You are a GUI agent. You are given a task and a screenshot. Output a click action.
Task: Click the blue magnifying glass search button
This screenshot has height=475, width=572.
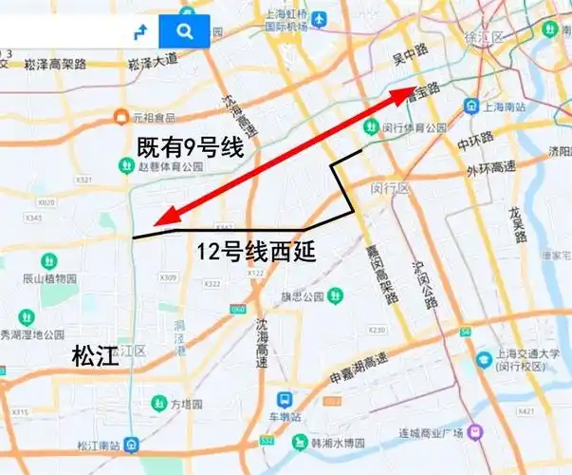[183, 31]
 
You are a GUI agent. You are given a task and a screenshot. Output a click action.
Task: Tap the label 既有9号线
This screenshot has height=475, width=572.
[190, 148]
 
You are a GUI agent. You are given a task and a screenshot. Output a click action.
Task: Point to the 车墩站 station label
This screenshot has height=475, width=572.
[283, 417]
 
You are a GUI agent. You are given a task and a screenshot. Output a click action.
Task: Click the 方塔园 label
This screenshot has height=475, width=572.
[186, 404]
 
